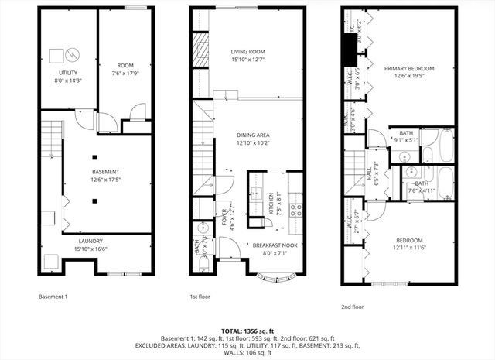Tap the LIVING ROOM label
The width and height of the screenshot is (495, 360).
[x=247, y=51]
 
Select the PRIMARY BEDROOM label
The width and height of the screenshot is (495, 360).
[x=410, y=68]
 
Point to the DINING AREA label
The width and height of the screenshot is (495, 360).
[x=253, y=135]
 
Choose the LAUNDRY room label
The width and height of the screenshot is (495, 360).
[x=69, y=241]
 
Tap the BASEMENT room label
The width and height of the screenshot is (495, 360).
[x=105, y=171]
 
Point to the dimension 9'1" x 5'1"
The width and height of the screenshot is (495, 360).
[x=406, y=140]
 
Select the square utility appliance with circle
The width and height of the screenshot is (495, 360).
[x=56, y=56]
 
